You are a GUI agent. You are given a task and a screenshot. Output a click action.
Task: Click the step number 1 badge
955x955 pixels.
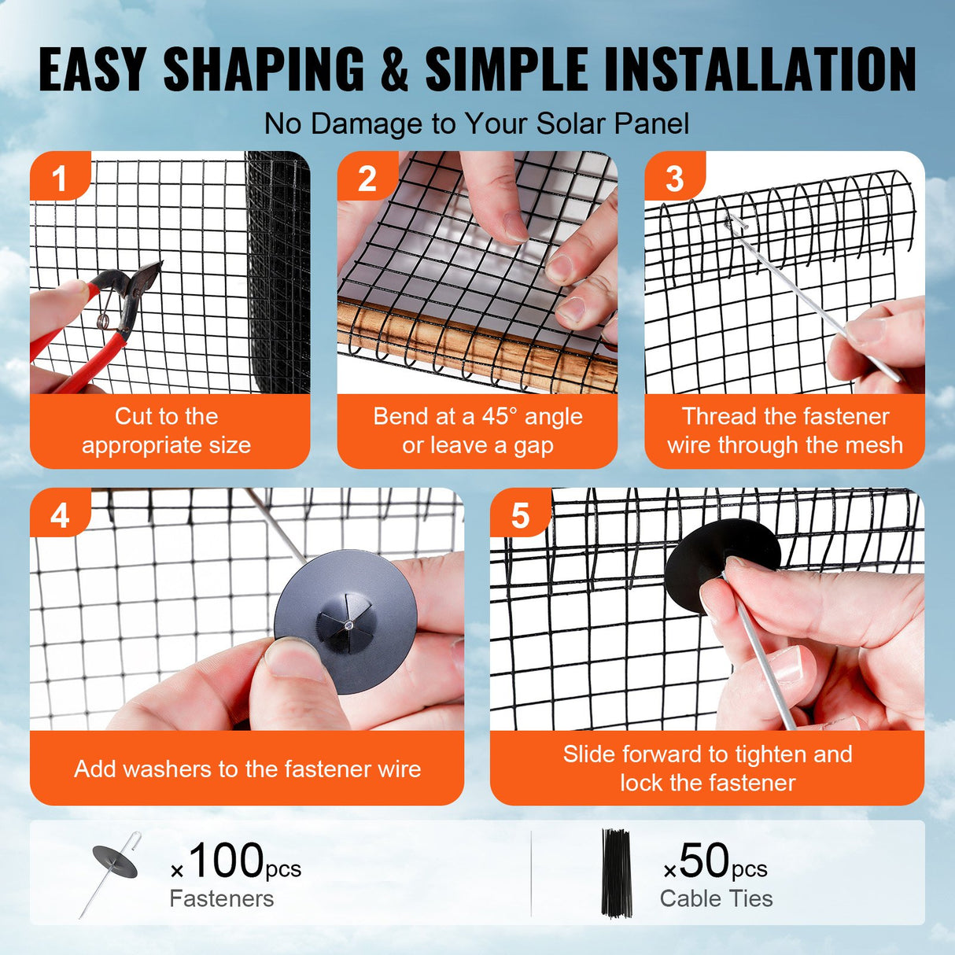[59, 179]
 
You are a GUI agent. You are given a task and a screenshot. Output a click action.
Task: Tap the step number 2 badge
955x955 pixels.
[367, 179]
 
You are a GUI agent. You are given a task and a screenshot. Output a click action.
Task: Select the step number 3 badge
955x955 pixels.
[674, 179]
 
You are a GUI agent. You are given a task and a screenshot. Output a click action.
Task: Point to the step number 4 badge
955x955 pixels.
[60, 516]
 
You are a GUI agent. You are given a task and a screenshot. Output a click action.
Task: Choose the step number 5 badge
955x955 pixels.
[520, 516]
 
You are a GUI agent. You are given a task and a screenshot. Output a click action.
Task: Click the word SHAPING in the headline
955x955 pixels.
[264, 69]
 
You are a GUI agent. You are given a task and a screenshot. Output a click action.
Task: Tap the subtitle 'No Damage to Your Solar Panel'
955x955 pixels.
[477, 124]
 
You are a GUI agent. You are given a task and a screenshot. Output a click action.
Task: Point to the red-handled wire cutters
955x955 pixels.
[94, 323]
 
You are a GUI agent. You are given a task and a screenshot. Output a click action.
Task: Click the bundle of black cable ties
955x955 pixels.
[616, 872]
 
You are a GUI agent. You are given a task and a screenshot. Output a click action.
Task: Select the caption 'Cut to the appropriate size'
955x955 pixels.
[166, 430]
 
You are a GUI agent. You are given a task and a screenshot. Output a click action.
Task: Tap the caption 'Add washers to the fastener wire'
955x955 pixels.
[247, 769]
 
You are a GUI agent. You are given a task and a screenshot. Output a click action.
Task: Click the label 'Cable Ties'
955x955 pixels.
[716, 898]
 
